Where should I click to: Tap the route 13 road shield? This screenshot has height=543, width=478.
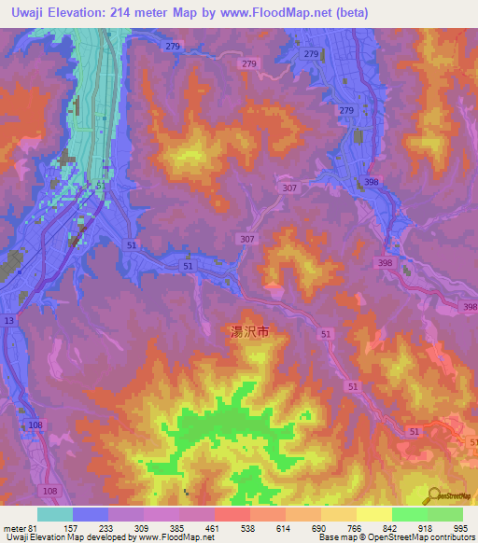[x=9, y=320]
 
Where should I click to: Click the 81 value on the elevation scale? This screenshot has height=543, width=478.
[x=35, y=528]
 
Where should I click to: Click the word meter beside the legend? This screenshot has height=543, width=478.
[x=14, y=528]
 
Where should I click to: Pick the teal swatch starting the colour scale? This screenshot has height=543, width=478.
[x=55, y=514]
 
